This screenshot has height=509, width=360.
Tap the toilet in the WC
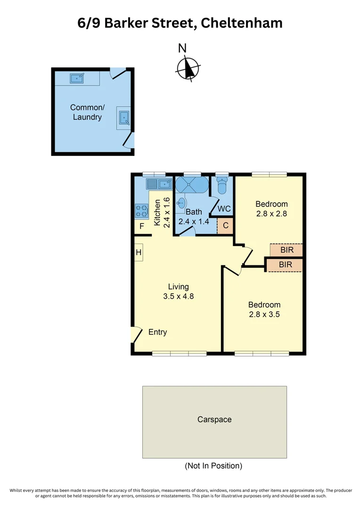click(221, 187)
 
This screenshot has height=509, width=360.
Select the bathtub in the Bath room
click(191, 185)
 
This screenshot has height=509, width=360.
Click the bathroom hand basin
click(181, 203)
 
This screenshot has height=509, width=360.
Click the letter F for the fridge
click(140, 227)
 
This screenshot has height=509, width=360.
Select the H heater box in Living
click(139, 253)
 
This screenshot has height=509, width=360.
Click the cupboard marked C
click(226, 226)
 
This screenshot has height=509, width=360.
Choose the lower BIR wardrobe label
click(285, 265)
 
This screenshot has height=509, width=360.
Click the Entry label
click(157, 332)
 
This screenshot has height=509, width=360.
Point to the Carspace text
click(214, 419)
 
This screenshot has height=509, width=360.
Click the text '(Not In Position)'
click(213, 466)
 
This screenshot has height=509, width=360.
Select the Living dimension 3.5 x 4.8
click(179, 296)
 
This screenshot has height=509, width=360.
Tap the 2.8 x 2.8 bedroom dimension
click(271, 213)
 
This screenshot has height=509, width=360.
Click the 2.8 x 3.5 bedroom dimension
click(264, 314)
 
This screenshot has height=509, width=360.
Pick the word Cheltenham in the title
click(242, 23)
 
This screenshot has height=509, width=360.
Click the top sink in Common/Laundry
click(77, 77)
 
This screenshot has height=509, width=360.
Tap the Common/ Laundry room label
click(87, 112)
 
